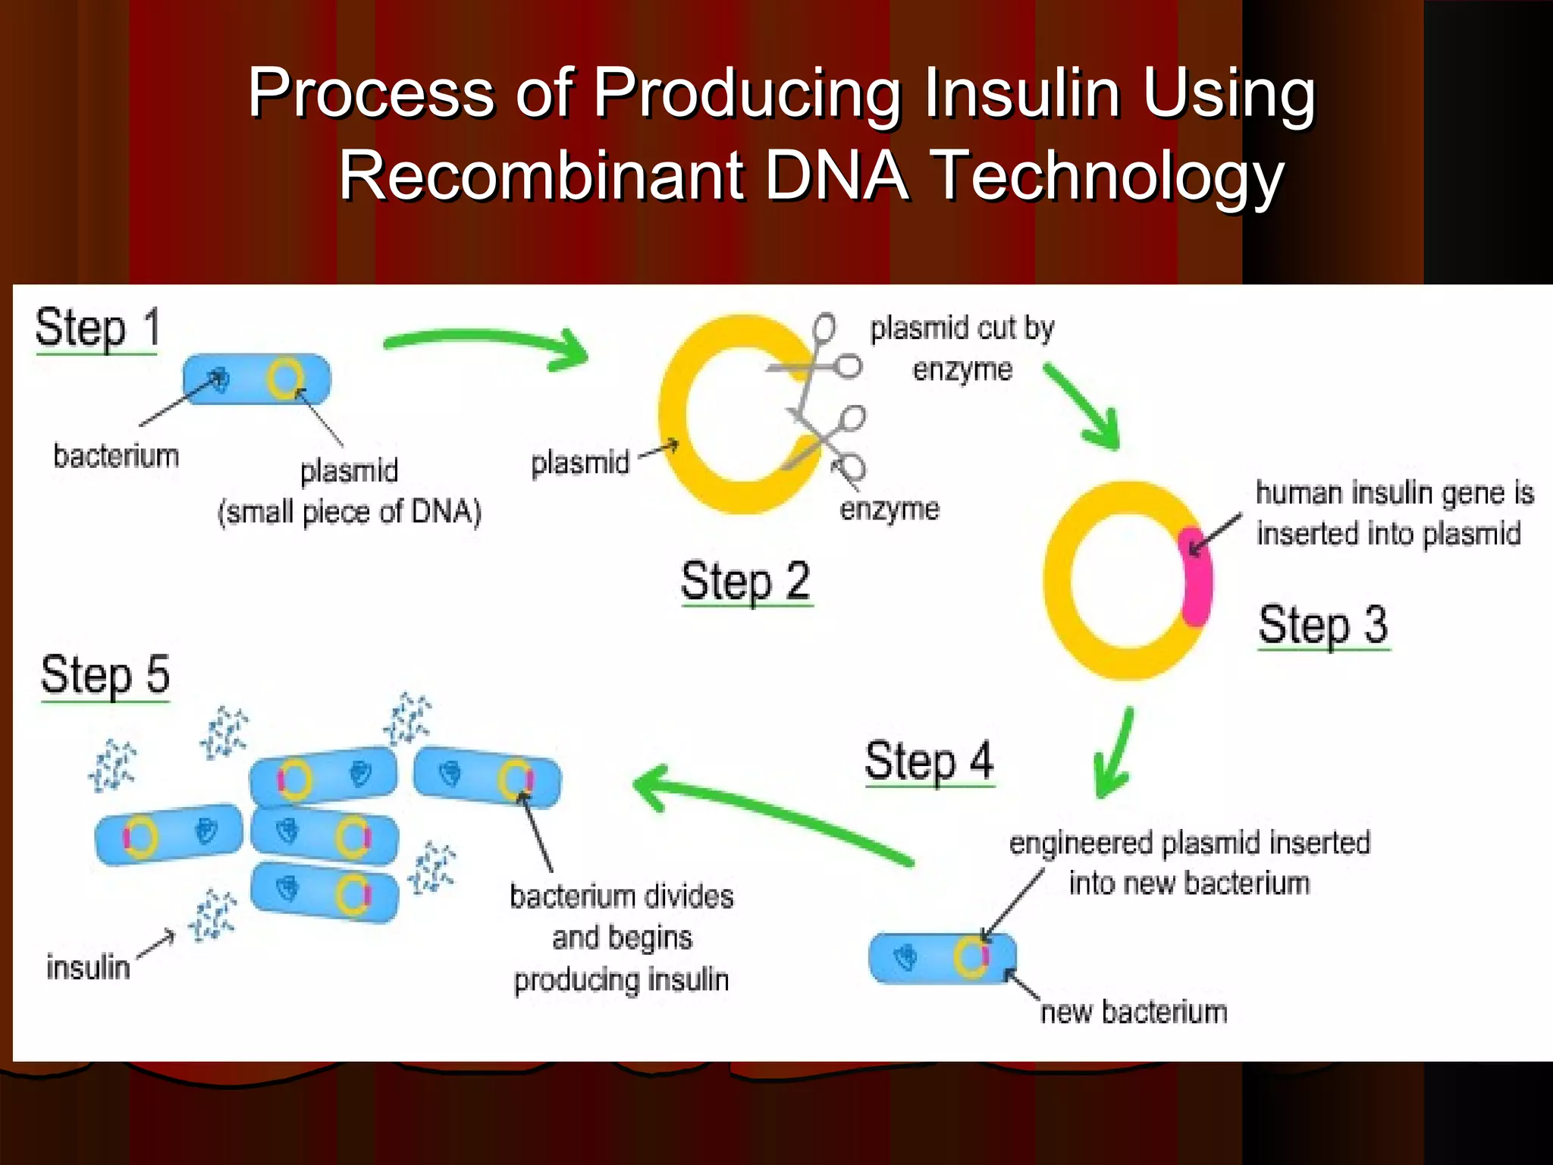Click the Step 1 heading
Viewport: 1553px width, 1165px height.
point(98,330)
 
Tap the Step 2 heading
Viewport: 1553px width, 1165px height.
point(746,582)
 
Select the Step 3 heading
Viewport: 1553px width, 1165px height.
point(1323,626)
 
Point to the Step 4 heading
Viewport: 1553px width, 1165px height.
point(929,762)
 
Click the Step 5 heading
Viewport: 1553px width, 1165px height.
point(105,676)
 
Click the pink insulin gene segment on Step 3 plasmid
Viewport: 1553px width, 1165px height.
point(1197,576)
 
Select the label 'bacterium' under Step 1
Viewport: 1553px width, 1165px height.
point(116,457)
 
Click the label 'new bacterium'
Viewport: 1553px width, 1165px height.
point(1134,1013)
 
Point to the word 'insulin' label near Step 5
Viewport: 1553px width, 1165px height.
point(88,968)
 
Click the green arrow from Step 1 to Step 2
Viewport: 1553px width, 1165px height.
point(485,345)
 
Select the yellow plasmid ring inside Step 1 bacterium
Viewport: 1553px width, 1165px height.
point(285,378)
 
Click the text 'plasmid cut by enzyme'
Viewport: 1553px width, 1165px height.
point(962,349)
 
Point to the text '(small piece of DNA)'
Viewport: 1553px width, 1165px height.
point(350,513)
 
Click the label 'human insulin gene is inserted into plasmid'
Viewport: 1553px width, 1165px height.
point(1394,513)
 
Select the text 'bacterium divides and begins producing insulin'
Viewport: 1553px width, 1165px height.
point(622,938)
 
